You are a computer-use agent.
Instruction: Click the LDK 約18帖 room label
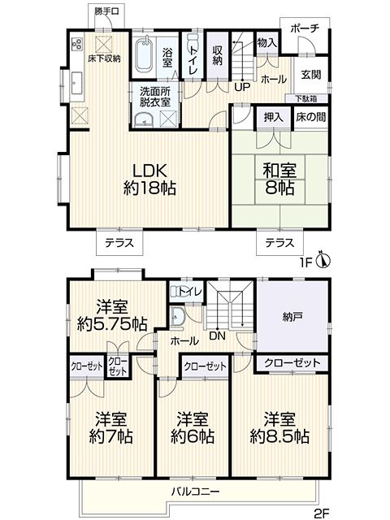(149, 179)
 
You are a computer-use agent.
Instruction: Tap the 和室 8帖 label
(279, 179)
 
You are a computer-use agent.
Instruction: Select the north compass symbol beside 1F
(324, 259)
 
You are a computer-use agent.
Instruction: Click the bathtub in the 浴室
(145, 55)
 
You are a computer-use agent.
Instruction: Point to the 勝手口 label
(106, 11)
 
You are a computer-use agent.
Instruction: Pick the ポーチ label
(305, 28)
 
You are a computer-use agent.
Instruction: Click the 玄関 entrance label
(310, 74)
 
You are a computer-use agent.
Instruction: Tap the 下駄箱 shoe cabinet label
(306, 98)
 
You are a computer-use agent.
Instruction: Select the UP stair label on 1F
(242, 87)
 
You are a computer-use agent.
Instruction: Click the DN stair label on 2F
(217, 336)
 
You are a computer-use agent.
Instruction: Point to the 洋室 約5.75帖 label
(112, 315)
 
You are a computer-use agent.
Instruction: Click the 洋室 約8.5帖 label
(279, 428)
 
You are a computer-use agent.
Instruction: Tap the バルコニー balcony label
(195, 491)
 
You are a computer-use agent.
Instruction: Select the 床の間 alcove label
(310, 117)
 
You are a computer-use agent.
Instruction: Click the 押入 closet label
(273, 117)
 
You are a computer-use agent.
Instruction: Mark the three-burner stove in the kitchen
(77, 45)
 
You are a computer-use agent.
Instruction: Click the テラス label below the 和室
(279, 243)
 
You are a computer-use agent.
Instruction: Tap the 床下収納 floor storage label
(104, 59)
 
